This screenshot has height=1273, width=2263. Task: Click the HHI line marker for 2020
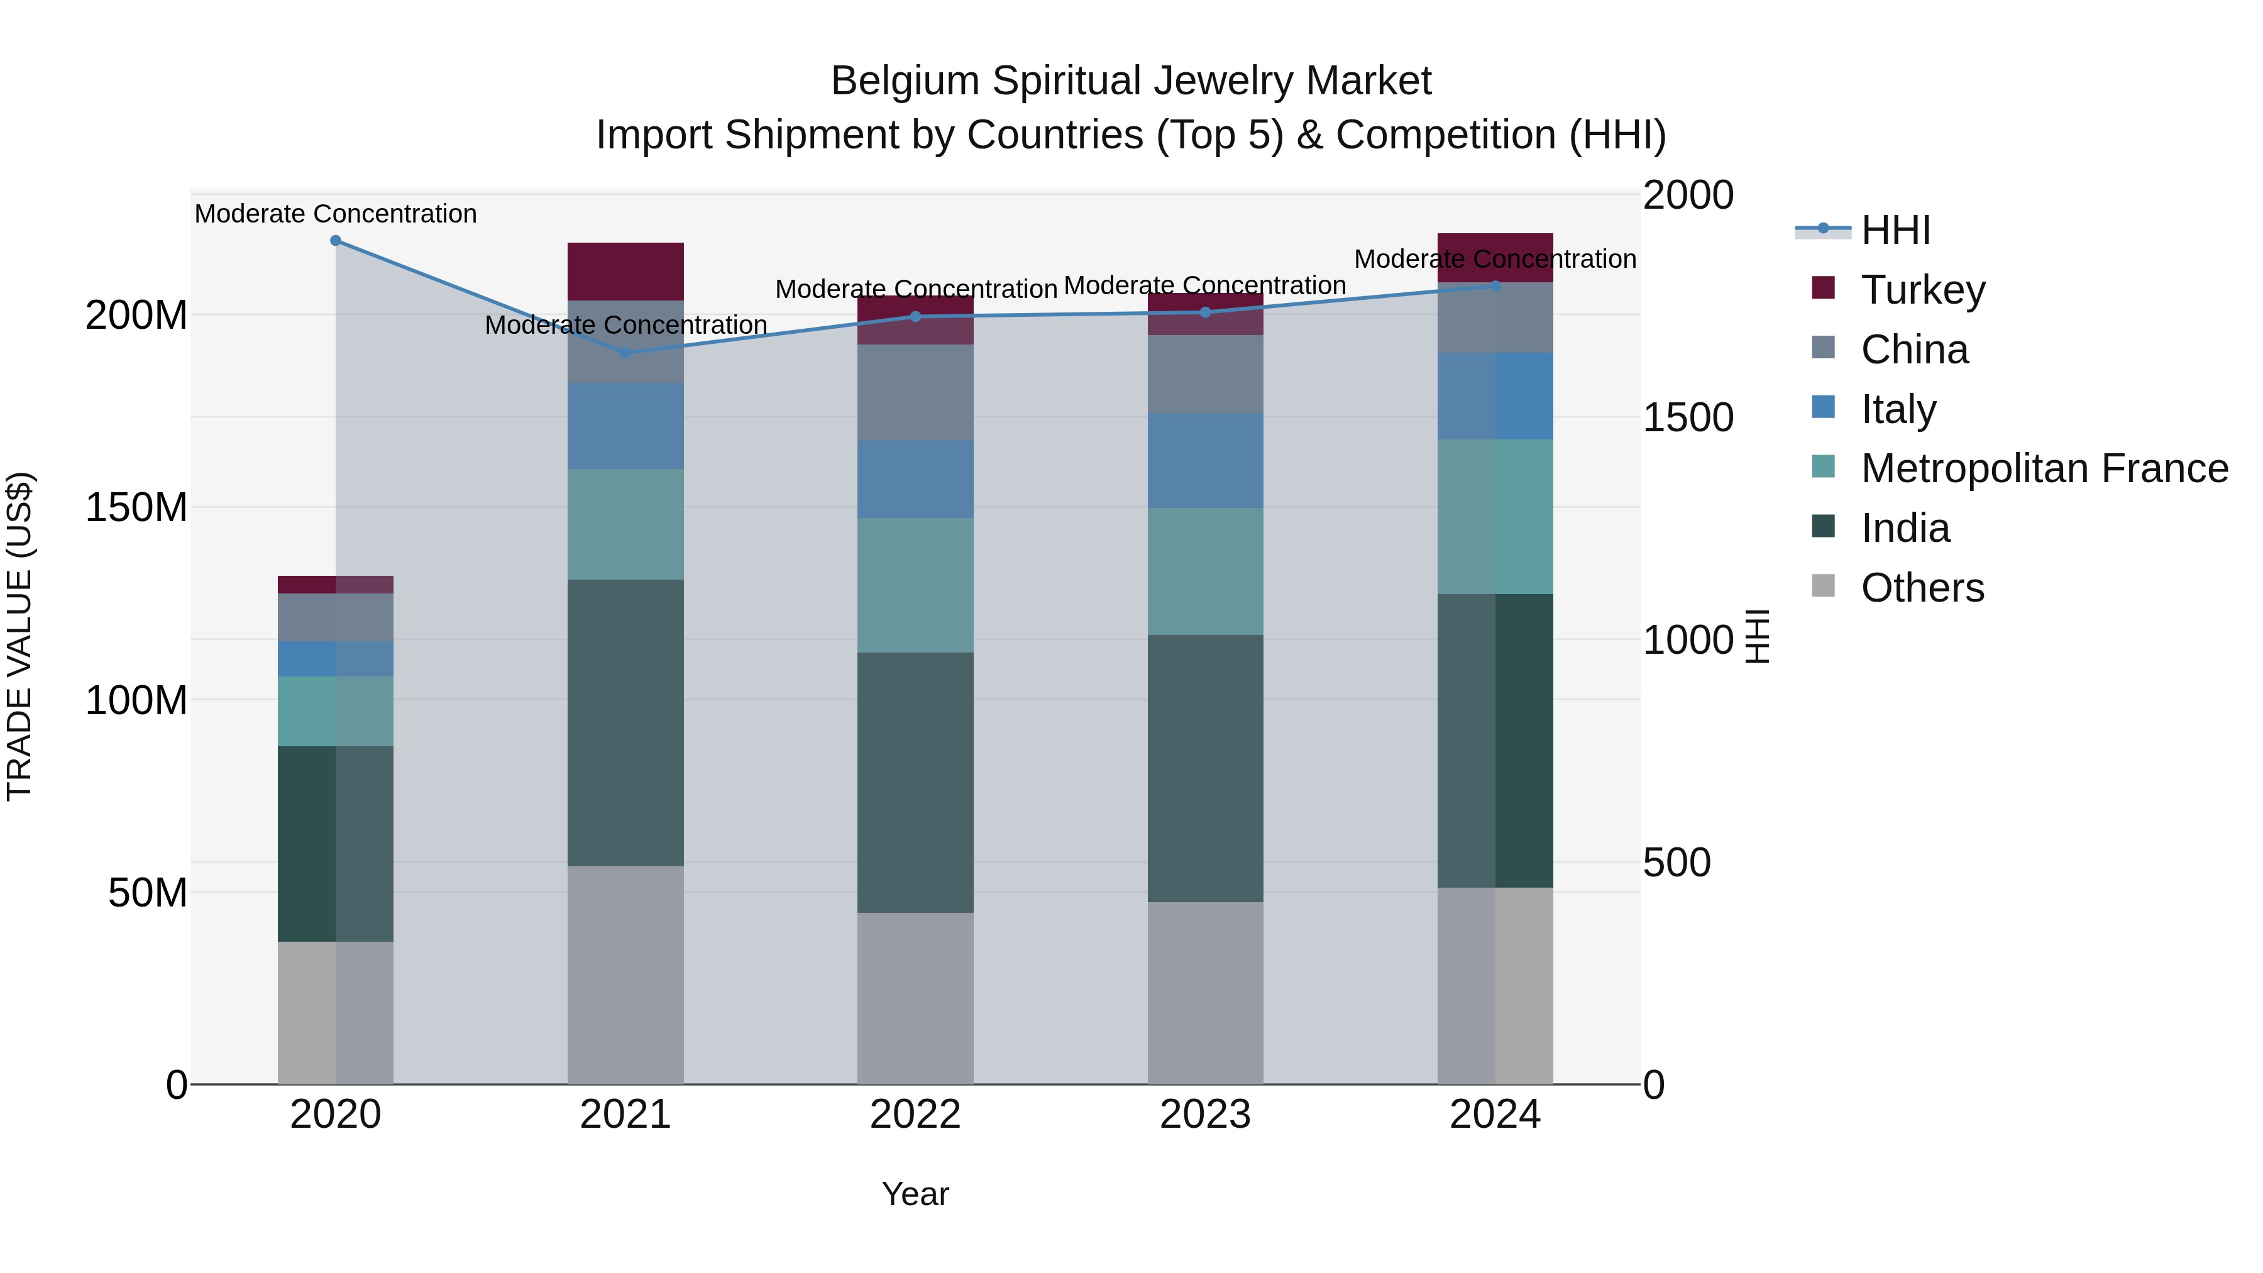[336, 241]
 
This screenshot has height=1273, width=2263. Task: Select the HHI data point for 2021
[625, 353]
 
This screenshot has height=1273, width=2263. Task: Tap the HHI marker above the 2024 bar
[1495, 287]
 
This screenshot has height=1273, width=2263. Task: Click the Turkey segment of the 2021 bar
[625, 272]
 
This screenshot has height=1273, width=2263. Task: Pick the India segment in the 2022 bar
[915, 782]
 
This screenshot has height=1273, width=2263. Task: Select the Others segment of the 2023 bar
[1205, 993]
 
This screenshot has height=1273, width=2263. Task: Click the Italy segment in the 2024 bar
[1495, 396]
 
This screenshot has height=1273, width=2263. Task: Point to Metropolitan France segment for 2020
[336, 711]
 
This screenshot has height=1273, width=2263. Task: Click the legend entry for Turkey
[1922, 290]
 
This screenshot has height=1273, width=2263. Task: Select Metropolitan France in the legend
[2044, 468]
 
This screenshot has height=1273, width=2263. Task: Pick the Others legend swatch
[1823, 586]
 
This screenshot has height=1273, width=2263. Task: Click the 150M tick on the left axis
[136, 508]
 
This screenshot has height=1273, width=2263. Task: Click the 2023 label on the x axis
[1205, 1115]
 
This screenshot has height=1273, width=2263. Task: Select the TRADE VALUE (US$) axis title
[19, 636]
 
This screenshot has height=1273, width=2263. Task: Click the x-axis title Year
[915, 1194]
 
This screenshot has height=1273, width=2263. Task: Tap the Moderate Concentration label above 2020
[336, 214]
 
